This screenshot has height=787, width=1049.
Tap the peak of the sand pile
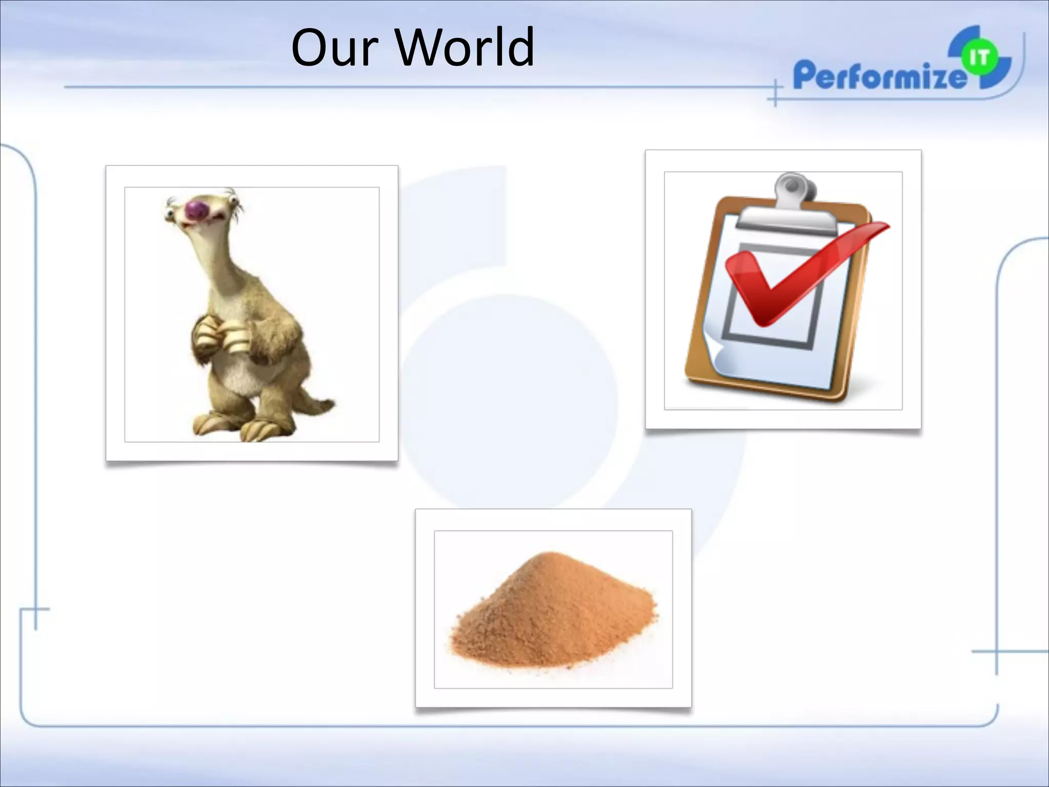(550, 556)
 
